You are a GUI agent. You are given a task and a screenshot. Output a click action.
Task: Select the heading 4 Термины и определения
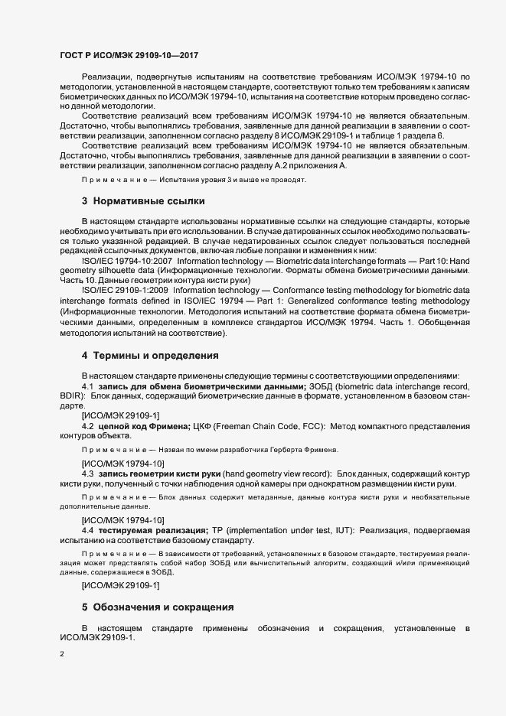pyautogui.click(x=150, y=356)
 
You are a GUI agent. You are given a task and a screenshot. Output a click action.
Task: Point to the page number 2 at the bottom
pyautogui.click(x=61, y=655)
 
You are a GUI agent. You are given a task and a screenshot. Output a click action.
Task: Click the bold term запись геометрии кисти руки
pyautogui.click(x=162, y=474)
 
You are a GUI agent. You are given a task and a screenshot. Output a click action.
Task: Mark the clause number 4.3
pyautogui.click(x=87, y=474)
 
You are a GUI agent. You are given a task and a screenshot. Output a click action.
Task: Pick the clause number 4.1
pyautogui.click(x=87, y=387)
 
